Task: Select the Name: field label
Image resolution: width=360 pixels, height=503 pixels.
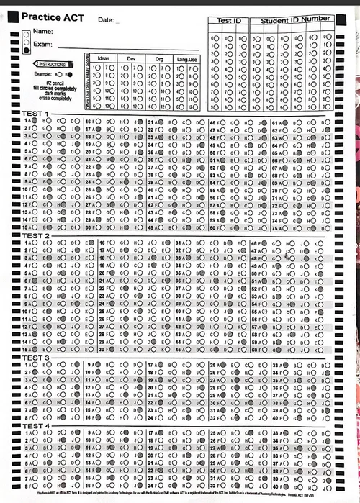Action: pos(42,32)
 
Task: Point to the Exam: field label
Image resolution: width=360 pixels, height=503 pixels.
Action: pos(43,45)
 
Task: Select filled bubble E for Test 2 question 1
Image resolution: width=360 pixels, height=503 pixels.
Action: pos(88,243)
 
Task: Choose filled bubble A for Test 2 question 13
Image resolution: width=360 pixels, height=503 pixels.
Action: pos(33,334)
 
